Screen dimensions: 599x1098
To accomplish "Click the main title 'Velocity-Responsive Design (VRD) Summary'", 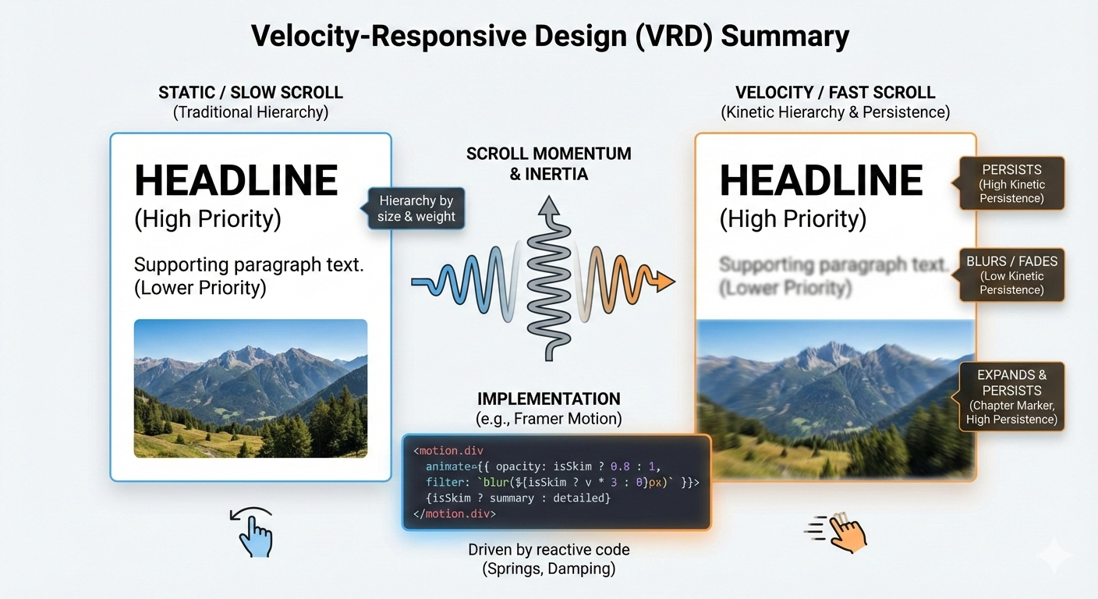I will pyautogui.click(x=549, y=36).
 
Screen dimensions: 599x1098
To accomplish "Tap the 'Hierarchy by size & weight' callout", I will pyautogui.click(x=416, y=208).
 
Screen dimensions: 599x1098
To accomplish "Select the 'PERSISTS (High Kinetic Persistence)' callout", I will pyautogui.click(x=1012, y=183).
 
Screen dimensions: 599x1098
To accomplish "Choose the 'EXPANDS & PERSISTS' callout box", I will pyautogui.click(x=1012, y=396).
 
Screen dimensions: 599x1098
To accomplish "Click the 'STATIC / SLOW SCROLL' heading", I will pyautogui.click(x=250, y=93).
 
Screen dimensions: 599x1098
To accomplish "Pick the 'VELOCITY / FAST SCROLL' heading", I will pyautogui.click(x=835, y=93).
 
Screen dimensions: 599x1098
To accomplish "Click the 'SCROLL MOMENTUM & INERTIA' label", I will pyautogui.click(x=549, y=163).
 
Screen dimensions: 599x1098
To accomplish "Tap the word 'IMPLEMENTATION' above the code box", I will pyautogui.click(x=549, y=399).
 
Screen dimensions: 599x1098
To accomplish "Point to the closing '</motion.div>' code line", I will pyautogui.click(x=455, y=514).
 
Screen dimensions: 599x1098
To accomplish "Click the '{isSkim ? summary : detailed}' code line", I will pyautogui.click(x=518, y=498).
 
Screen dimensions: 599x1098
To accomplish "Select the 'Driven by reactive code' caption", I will pyautogui.click(x=549, y=550).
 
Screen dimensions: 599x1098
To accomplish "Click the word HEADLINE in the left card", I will pyautogui.click(x=236, y=181).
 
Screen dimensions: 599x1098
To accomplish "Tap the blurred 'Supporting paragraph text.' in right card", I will pyautogui.click(x=833, y=264).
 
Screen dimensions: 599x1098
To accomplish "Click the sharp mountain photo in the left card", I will pyautogui.click(x=250, y=388).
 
